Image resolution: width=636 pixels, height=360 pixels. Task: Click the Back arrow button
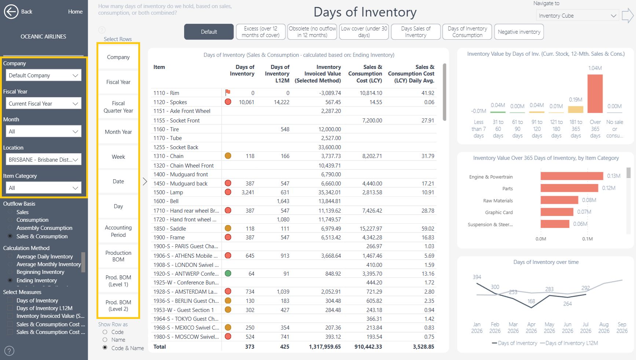(x=11, y=12)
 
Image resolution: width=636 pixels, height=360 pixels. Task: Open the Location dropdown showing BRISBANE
(x=43, y=159)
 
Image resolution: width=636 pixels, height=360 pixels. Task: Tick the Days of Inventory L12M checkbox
(x=10, y=308)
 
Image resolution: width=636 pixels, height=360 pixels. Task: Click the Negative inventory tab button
(x=519, y=32)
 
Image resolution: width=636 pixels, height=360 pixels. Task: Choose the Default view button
(x=209, y=32)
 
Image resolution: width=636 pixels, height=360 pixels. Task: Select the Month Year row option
(x=118, y=132)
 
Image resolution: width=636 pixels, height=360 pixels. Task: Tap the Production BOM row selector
(x=118, y=256)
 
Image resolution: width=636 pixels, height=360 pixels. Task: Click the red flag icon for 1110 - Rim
(x=228, y=92)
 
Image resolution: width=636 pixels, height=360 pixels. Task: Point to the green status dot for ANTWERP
(x=228, y=273)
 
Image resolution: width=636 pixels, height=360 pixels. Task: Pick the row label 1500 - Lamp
(x=168, y=192)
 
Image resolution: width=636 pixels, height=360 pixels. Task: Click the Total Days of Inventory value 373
(x=250, y=347)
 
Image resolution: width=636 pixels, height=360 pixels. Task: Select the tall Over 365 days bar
(x=595, y=94)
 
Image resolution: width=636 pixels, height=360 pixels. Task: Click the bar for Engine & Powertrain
(x=572, y=176)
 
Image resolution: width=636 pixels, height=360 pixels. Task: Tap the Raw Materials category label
(x=498, y=201)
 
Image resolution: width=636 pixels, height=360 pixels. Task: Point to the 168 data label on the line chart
(x=531, y=301)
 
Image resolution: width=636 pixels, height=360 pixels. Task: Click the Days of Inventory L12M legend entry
(x=569, y=343)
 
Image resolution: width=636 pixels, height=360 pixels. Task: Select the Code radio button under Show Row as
(x=105, y=332)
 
